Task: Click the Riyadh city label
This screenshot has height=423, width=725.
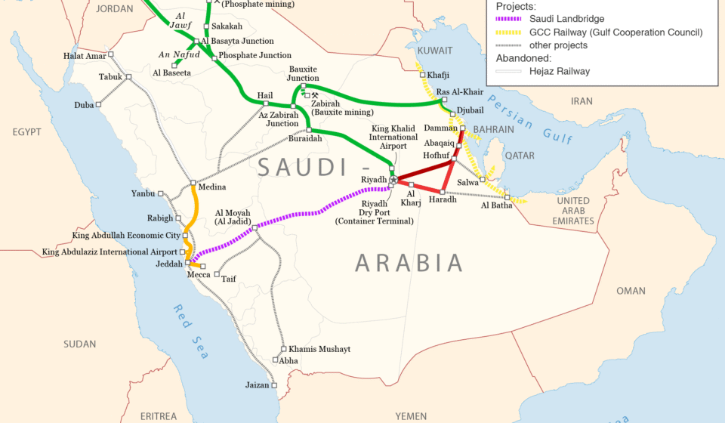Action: point(373,180)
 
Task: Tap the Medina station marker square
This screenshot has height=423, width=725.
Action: point(193,183)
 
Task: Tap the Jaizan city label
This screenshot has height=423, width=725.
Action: point(257,385)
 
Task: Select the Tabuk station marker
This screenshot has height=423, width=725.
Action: point(128,76)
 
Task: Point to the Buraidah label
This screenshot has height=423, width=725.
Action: point(305,139)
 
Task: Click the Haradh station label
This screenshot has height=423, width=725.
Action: point(443,199)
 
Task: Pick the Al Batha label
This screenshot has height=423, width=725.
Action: point(496,205)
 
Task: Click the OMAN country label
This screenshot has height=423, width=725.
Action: point(631,291)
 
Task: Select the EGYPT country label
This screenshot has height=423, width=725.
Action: point(26,132)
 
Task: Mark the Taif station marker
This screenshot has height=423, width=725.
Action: point(217,274)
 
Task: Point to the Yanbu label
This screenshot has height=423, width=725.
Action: point(143,193)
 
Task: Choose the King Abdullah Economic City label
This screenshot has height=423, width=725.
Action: point(125,236)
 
